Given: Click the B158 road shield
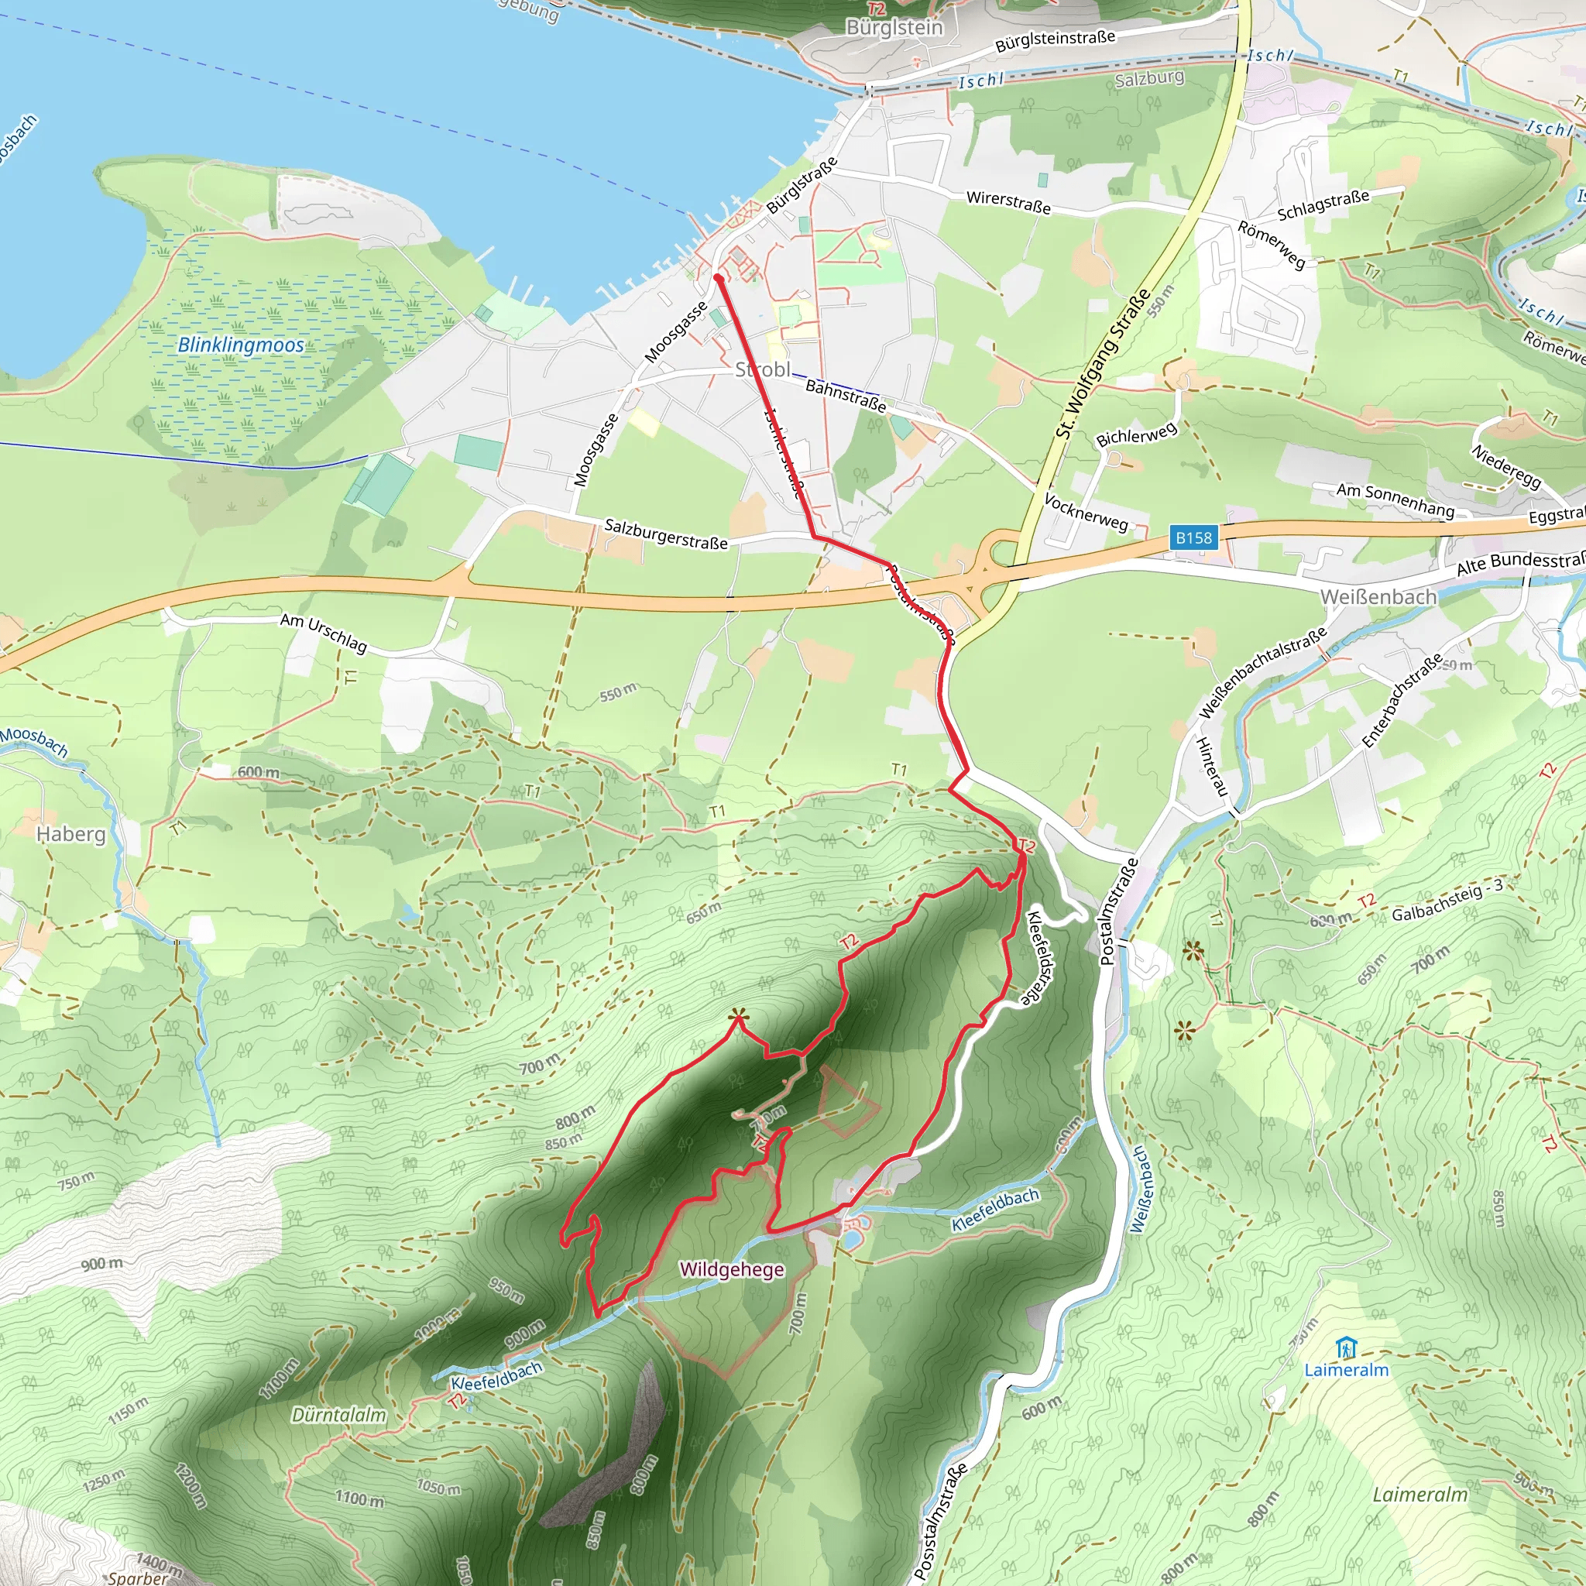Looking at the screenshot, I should (x=1193, y=537).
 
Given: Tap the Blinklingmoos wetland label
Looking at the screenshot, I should (x=241, y=345).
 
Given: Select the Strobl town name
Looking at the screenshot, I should (x=763, y=369).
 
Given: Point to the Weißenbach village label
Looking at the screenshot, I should (x=1378, y=597).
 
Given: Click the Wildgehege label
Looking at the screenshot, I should (x=731, y=1269).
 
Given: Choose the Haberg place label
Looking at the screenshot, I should (x=70, y=834).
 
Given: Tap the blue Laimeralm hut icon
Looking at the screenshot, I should (x=1344, y=1348).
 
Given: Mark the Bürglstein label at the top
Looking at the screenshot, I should (x=894, y=27).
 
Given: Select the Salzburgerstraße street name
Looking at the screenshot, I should (x=666, y=534).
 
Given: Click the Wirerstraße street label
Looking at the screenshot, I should (x=1008, y=202).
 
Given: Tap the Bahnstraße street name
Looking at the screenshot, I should (x=846, y=396).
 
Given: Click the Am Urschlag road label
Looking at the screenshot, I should (x=324, y=632).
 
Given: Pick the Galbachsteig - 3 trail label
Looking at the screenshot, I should (x=1447, y=901).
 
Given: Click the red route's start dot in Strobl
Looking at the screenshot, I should (x=719, y=278).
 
